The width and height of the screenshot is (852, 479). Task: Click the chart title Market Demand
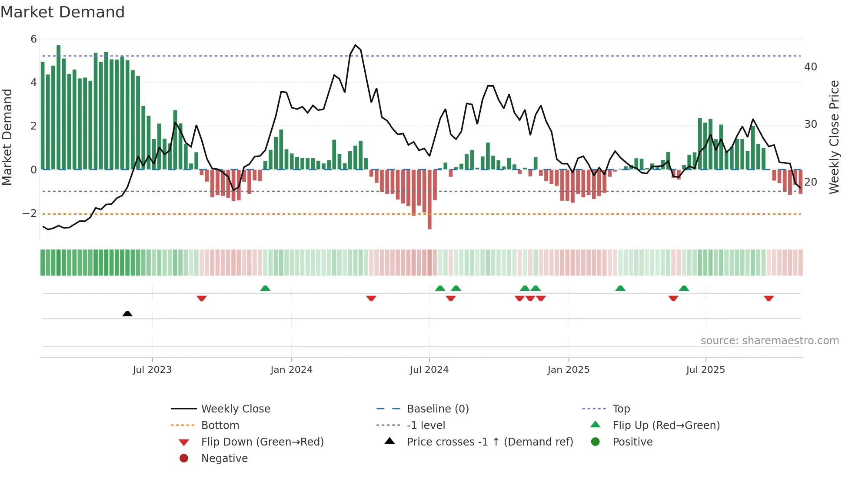(x=63, y=12)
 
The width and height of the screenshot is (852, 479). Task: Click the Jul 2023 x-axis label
(x=152, y=370)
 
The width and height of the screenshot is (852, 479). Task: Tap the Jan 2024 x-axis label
(x=291, y=370)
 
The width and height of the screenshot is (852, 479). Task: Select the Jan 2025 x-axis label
(x=568, y=370)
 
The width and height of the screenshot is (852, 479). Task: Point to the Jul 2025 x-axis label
(x=706, y=370)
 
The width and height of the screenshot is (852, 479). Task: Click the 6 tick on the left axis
(x=33, y=39)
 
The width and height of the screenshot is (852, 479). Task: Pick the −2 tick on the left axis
(x=30, y=213)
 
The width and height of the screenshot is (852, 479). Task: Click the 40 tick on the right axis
(x=810, y=67)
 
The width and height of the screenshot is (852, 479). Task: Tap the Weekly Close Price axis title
(x=834, y=137)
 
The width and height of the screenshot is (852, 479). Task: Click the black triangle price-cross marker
(x=127, y=313)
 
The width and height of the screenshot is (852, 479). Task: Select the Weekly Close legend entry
(x=235, y=409)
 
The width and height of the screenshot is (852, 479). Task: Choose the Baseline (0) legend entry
(x=437, y=409)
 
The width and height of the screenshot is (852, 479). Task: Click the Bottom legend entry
(x=220, y=426)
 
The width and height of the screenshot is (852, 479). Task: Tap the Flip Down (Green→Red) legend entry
(x=262, y=442)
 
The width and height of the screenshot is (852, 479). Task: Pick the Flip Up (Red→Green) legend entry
(x=666, y=426)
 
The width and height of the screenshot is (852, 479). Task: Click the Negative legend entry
(x=224, y=459)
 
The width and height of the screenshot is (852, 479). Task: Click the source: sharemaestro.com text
(x=769, y=341)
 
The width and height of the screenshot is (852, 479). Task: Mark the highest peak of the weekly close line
(x=356, y=45)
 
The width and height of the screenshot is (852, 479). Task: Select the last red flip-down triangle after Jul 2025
(x=769, y=298)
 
